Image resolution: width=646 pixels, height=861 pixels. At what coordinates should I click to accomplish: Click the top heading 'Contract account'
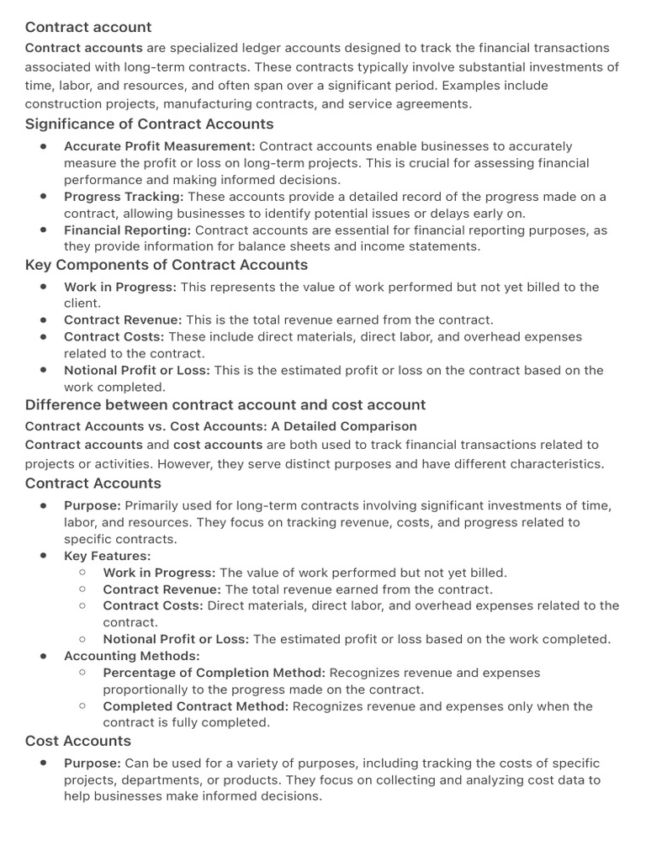coord(88,27)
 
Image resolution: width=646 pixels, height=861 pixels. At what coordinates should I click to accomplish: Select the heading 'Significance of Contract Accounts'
coord(149,124)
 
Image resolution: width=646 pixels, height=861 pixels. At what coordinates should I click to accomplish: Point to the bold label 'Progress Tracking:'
coord(124,197)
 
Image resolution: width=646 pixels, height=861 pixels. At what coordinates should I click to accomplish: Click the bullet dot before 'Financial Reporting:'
coord(43,230)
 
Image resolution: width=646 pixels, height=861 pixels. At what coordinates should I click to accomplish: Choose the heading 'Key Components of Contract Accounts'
coord(167,265)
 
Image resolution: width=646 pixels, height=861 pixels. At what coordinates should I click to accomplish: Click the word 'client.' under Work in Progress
coord(82,304)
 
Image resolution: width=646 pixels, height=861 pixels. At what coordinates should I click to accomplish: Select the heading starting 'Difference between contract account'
coord(225,404)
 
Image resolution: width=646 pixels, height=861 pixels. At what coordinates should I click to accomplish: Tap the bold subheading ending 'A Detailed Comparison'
coord(220,426)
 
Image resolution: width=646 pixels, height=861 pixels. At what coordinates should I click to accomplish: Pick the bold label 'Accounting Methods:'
coord(132,656)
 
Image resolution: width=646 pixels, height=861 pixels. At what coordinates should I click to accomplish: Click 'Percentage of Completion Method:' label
coord(214,673)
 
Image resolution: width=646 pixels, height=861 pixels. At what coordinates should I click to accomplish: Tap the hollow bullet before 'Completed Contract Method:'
coord(82,706)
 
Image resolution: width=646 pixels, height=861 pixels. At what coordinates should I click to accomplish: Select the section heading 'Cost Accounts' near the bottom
coord(78,741)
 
